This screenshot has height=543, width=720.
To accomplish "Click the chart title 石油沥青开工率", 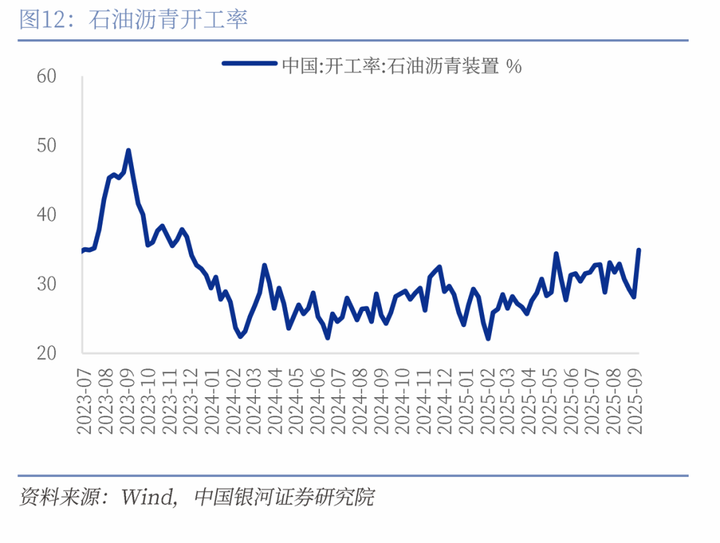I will point(168,19).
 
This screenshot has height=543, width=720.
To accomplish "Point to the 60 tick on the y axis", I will point(47,77).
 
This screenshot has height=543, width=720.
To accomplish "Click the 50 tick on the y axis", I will point(47,146).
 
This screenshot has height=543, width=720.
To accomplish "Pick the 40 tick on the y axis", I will point(47,215).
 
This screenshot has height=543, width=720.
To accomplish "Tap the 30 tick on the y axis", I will point(47,284).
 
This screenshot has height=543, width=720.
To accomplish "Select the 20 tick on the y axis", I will point(47,354).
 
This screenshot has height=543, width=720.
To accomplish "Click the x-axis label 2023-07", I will point(85,399).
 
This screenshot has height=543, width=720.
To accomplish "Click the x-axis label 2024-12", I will point(445,399).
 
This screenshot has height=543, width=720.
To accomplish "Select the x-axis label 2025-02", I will point(488,399).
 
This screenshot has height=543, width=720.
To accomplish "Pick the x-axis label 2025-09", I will point(637,399).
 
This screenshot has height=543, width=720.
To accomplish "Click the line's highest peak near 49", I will point(128,151).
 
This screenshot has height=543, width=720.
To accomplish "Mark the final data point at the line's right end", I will point(639,250).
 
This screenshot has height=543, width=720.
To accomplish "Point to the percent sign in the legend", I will point(513,65).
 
